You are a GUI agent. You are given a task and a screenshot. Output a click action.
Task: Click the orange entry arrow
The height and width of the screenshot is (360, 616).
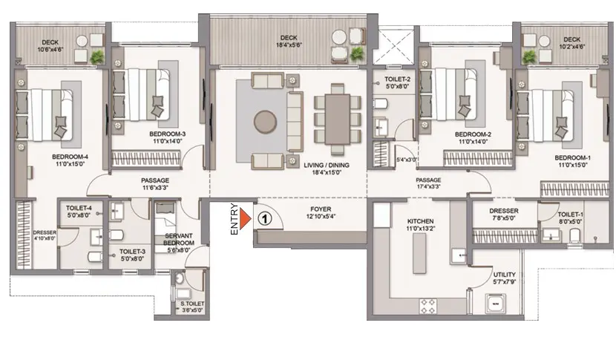pos(245,218)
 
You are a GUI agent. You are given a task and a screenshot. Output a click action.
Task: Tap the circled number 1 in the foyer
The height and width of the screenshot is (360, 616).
pos(265,218)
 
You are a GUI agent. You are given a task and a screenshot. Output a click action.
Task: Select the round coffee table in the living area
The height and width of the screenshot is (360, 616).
pos(265,122)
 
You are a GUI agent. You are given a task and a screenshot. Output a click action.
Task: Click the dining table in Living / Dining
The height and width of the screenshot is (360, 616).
pos(338,119)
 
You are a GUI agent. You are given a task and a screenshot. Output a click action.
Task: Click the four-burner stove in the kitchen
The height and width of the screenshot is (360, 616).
pos(428,306)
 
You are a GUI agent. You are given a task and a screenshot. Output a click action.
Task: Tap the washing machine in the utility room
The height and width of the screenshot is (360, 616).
pos(496,304)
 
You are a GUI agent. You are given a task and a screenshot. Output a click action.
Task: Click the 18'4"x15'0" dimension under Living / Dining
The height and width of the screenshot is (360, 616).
pos(327,172)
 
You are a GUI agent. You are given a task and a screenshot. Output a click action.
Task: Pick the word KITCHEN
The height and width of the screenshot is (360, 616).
pos(420,221)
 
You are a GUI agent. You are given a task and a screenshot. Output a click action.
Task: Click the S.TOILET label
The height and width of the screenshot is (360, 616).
pos(192,304)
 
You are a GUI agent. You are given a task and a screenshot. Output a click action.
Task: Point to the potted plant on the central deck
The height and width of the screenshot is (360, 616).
pos(358,54)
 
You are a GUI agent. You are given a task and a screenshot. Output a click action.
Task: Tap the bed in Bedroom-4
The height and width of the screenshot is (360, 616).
pos(44,115)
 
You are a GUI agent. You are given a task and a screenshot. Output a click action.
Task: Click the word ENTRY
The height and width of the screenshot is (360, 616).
pos(235,219)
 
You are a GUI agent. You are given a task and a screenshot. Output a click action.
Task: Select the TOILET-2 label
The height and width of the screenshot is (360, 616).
pos(397,79)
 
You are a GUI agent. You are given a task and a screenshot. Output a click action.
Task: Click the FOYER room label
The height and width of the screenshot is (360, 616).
pos(321,209)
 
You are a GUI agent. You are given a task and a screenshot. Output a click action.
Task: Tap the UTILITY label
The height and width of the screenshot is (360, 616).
pos(505,275)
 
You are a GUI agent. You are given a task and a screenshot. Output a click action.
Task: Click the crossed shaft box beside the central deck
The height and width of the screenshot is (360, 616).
pos(393,45)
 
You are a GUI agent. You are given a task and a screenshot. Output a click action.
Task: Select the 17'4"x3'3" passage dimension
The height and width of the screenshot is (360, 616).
pos(429,187)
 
